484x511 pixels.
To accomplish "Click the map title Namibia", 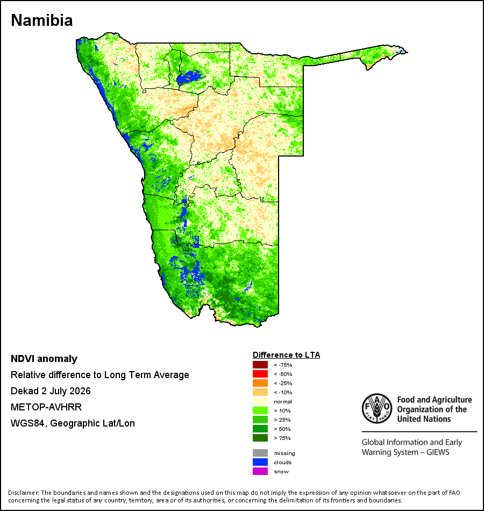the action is click(x=42, y=20).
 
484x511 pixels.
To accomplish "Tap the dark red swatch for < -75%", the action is click(x=260, y=365).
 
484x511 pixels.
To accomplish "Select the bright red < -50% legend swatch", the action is click(x=260, y=374).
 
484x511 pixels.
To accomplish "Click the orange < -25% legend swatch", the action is click(x=260, y=383).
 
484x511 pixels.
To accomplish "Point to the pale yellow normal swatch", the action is click(x=260, y=401).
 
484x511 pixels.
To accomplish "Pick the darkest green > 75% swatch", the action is click(x=260, y=438).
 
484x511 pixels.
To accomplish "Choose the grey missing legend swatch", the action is click(x=260, y=453).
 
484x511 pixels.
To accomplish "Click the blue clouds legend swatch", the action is click(x=260, y=462).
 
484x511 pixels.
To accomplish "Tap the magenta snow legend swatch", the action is click(x=260, y=471).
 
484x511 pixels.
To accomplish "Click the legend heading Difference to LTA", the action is click(x=286, y=355).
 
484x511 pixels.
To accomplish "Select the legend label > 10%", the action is click(x=282, y=410).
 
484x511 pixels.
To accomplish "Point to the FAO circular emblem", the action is click(x=377, y=408).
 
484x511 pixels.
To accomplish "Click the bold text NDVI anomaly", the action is click(x=44, y=359).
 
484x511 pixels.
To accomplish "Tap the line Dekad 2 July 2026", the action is click(x=51, y=391).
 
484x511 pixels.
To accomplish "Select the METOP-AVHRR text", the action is click(x=46, y=407).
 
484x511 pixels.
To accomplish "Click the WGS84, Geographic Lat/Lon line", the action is click(x=73, y=423).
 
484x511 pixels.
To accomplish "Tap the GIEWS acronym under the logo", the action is click(x=438, y=452).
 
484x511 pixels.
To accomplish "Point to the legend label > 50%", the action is click(x=282, y=429).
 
